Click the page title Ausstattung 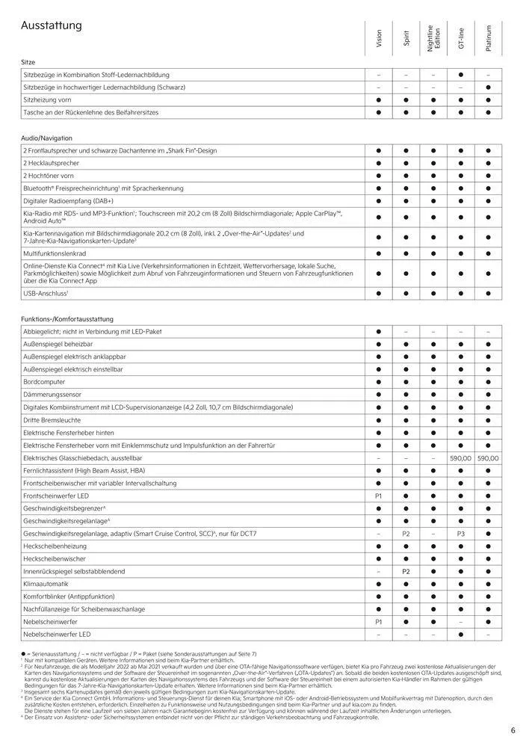(x=52, y=26)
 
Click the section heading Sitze (x=29, y=62)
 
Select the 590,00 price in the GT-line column (x=460, y=457)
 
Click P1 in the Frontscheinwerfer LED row (x=379, y=495)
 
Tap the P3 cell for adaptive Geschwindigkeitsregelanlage (x=460, y=533)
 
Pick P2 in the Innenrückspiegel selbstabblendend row (x=406, y=570)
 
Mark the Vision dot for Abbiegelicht (x=379, y=330)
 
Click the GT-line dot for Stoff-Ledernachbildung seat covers (x=460, y=75)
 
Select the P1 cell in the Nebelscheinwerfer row (x=379, y=621)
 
